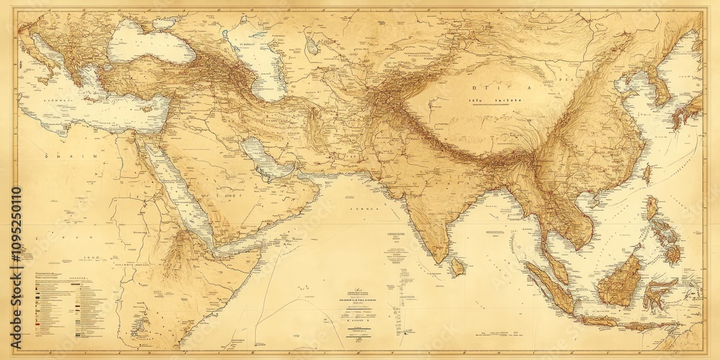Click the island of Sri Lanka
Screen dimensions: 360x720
[456, 267]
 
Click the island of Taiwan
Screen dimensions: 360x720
[647, 173]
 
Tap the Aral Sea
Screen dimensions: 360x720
[311, 47]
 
